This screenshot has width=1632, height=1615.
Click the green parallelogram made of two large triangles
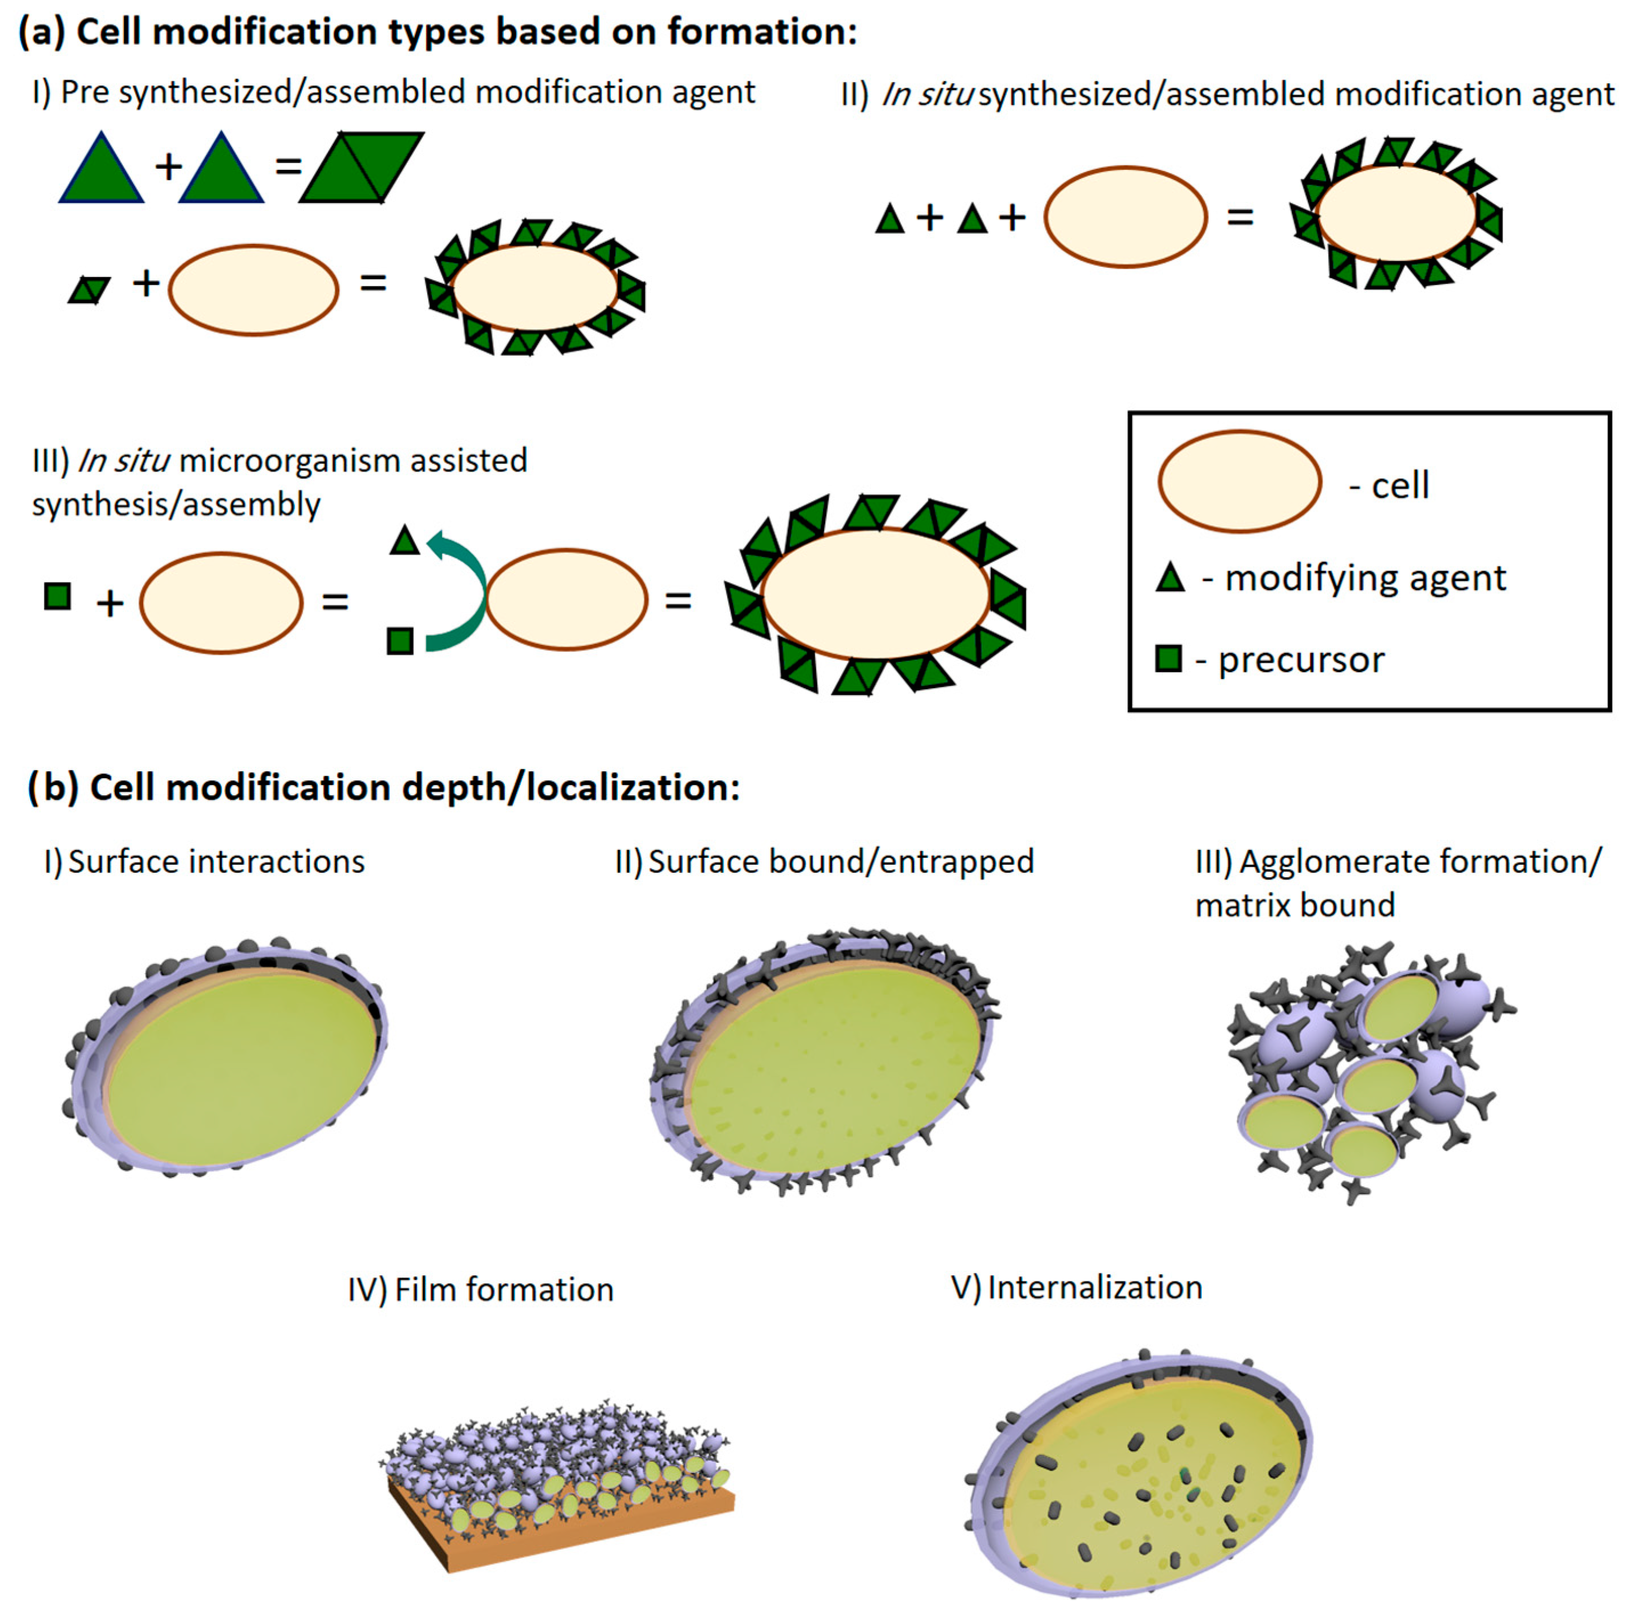362,166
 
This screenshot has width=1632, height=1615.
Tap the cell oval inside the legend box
1239,482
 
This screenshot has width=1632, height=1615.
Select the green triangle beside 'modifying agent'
1170,579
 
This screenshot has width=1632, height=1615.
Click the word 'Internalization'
1095,1287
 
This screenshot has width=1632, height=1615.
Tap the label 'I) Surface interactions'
204,861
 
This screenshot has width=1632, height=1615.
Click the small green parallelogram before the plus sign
89,290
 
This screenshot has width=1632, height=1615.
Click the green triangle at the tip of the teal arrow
405,540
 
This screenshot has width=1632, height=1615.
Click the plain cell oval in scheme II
1125,217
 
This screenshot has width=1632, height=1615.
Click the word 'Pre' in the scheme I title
84,92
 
